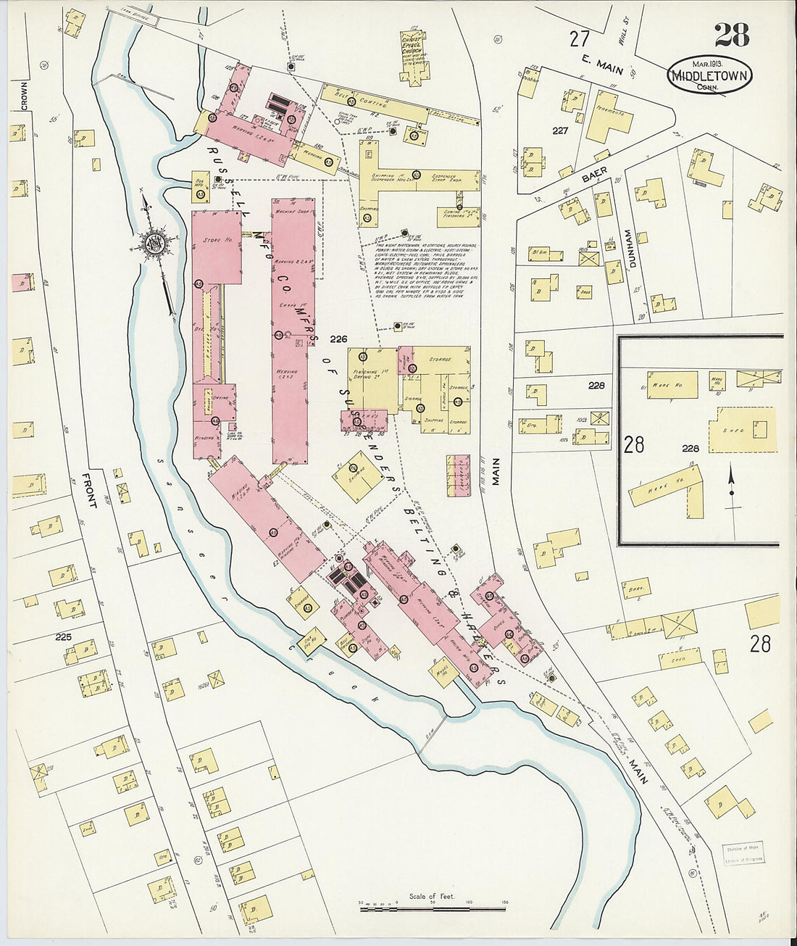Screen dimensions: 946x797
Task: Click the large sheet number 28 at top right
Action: point(732,36)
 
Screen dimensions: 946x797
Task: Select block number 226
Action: point(338,339)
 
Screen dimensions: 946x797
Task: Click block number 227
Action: point(558,131)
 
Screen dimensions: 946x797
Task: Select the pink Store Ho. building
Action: point(217,246)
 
